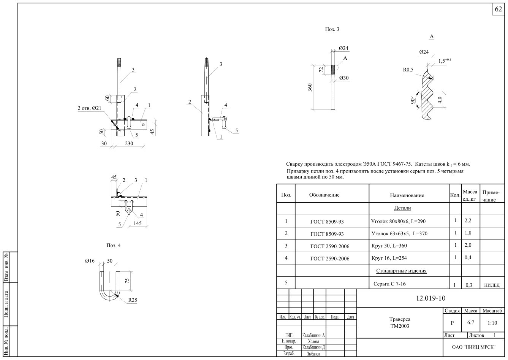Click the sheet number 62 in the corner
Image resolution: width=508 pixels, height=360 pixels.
tap(498, 9)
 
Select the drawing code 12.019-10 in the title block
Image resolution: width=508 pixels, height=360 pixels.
tap(430, 298)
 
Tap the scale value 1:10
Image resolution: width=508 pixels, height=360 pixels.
tap(492, 323)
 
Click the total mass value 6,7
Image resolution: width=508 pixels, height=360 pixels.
tap(471, 322)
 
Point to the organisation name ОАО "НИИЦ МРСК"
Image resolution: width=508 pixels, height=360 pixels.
tap(473, 347)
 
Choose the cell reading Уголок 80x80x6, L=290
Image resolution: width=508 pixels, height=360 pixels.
tap(398, 221)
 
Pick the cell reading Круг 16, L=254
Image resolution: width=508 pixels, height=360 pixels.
tap(389, 258)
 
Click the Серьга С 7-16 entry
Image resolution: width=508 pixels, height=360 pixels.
tap(389, 284)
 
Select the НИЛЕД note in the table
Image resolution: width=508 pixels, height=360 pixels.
tap(492, 285)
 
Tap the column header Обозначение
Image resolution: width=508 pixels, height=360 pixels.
tap(324, 195)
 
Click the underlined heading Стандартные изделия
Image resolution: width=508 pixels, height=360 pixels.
tap(401, 271)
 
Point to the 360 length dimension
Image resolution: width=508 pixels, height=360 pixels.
tap(310, 87)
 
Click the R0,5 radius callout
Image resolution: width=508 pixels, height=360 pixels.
tap(408, 70)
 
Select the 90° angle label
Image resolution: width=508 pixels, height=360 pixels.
tap(413, 100)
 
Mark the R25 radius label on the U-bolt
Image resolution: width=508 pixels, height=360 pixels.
tap(133, 300)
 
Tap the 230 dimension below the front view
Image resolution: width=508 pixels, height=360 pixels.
tap(129, 143)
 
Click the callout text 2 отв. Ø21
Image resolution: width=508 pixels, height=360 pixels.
tap(89, 108)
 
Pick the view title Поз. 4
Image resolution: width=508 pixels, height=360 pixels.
tap(113, 245)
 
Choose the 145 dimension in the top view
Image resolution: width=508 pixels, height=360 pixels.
tap(138, 223)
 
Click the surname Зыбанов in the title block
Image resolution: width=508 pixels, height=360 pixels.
tap(313, 354)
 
